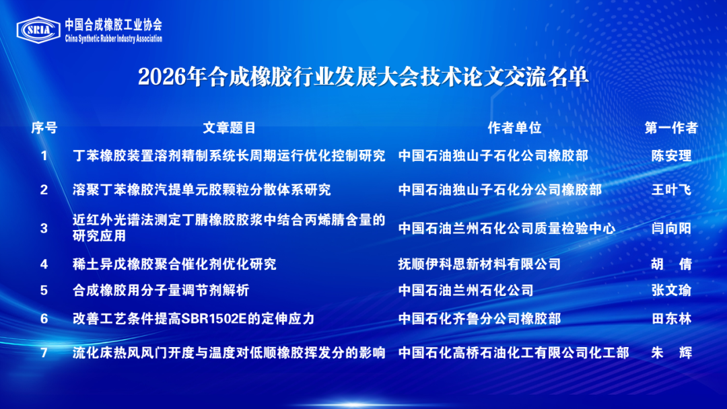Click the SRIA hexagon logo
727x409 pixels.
point(38,30)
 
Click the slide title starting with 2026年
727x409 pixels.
point(363,77)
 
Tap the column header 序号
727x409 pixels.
point(44,128)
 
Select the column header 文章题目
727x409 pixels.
point(229,128)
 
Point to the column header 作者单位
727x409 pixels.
point(514,128)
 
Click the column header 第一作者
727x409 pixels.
point(671,128)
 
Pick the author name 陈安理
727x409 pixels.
point(671,155)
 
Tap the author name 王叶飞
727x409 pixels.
point(671,190)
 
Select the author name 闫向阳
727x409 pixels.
point(671,228)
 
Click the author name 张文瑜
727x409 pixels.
point(671,290)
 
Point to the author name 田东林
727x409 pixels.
point(671,319)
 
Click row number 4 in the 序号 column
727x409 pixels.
point(44,264)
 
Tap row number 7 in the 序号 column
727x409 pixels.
point(44,353)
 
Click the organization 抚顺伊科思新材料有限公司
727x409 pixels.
point(479,264)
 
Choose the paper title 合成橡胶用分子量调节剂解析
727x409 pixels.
point(161,290)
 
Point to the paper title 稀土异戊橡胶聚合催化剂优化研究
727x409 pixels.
point(174,264)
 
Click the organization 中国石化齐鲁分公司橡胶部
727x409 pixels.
point(479,319)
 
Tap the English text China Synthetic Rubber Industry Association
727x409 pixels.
point(114,39)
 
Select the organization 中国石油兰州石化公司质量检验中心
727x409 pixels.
point(506,228)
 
